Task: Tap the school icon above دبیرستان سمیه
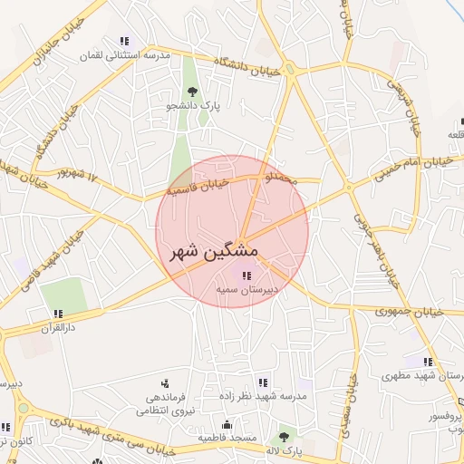(246, 275)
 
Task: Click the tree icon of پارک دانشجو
(191, 92)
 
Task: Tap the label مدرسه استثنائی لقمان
(125, 55)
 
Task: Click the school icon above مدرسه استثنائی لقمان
(124, 42)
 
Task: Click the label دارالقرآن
(58, 328)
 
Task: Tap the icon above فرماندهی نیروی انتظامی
(164, 383)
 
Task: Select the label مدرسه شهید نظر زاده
(263, 396)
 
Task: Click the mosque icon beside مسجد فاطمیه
(227, 424)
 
